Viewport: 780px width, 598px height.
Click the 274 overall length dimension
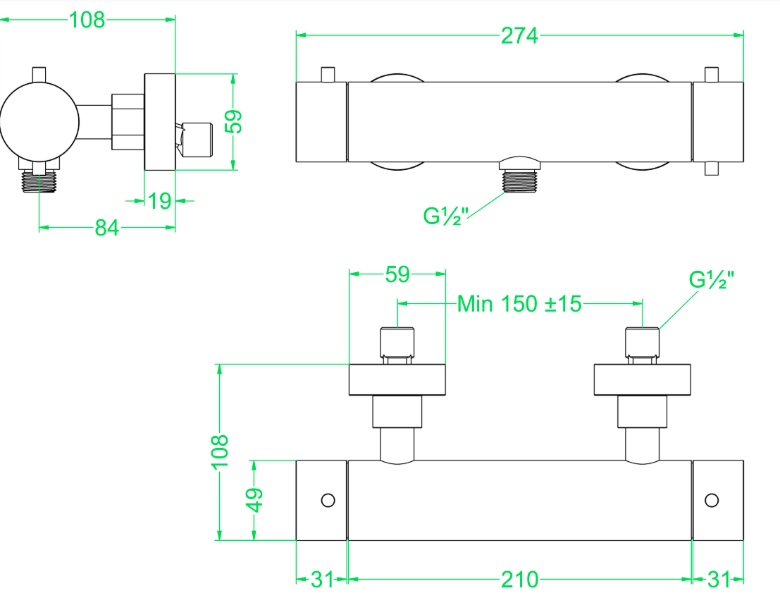click(519, 36)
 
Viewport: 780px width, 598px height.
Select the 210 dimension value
click(519, 580)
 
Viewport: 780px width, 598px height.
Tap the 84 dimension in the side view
click(107, 228)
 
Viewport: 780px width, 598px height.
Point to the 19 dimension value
click(160, 201)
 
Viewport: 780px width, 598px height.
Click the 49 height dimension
click(254, 500)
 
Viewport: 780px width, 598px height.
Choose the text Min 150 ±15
click(519, 304)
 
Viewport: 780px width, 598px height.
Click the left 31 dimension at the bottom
click(322, 580)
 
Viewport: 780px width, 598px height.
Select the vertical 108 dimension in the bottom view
click(220, 451)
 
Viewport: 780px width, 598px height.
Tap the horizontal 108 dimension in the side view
click(87, 20)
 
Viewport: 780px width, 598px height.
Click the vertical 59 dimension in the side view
click(233, 121)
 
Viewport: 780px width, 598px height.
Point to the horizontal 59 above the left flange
click(397, 274)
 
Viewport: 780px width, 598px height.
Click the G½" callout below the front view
click(446, 216)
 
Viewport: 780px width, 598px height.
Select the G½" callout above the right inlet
click(712, 279)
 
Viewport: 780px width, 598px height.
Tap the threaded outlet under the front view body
click(519, 181)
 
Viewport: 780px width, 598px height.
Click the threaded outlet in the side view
click(39, 181)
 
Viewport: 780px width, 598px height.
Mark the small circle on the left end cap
click(328, 500)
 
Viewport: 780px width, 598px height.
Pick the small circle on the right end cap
click(712, 500)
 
